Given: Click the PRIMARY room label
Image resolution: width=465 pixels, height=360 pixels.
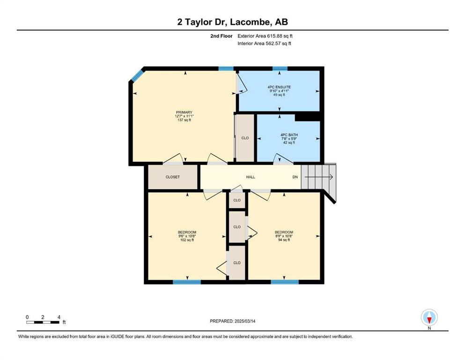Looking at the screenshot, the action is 184,112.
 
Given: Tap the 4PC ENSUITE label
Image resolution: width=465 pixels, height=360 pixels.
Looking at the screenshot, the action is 279,87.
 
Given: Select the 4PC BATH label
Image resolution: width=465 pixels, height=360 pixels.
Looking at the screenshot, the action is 289,135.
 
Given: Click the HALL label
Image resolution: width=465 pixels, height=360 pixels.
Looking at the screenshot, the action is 251,177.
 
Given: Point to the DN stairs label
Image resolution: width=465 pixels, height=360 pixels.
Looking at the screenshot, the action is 295,177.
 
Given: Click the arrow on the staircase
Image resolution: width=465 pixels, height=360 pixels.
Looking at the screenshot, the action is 319,177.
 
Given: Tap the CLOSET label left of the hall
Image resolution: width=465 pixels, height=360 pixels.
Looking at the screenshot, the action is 173,177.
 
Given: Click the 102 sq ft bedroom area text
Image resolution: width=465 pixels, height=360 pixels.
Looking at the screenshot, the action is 187,240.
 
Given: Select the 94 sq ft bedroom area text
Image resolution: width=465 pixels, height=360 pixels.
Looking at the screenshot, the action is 284,240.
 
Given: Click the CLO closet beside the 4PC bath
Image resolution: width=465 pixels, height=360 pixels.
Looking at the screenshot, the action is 245,138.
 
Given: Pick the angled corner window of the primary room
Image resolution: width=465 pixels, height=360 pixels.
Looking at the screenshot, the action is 137,75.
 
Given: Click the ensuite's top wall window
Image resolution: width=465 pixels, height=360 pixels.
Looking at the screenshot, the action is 280,68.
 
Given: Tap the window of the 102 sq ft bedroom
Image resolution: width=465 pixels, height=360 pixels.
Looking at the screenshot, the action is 187,282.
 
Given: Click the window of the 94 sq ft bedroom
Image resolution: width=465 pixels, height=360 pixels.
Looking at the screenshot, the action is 285,282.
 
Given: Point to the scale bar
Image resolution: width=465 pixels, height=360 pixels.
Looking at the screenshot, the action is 43,322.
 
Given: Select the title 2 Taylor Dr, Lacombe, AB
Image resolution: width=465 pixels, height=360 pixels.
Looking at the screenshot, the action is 232,22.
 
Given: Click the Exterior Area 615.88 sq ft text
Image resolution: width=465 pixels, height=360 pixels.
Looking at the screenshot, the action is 265,36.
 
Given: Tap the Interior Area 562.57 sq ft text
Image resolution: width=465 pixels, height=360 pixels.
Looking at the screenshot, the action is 264,43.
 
